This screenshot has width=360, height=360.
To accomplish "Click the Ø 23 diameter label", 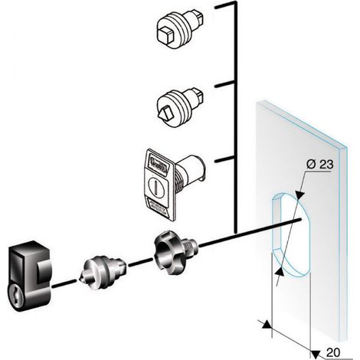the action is coord(320,165).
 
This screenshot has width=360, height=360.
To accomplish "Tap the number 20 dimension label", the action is coord(333,353).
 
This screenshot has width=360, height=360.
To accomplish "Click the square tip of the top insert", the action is coord(165,35).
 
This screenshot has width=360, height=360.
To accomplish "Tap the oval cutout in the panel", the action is coord(291,234).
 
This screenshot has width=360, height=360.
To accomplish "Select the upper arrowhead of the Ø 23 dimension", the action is coord(300,195).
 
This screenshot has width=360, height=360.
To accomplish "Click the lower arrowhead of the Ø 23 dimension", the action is coord(280,272).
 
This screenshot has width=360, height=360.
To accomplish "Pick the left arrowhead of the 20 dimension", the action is coord(266,324).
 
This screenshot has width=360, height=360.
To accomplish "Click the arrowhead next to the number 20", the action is coord(315,355).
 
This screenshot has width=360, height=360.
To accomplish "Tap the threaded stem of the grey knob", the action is coord(189,246).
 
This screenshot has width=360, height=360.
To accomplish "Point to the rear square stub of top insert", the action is coord(198,15).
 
